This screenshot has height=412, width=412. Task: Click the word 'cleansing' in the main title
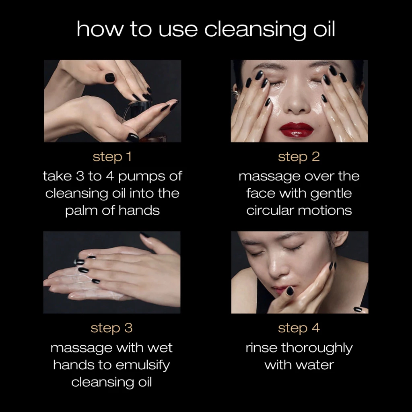click(255, 29)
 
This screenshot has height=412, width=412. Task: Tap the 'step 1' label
click(112, 157)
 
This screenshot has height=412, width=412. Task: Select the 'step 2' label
click(299, 157)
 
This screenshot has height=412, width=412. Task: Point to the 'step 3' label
click(112, 328)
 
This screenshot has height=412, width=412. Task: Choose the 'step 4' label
click(299, 328)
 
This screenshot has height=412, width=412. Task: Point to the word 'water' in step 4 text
click(319, 365)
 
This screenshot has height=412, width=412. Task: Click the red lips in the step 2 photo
click(297, 129)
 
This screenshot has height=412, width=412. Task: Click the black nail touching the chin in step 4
click(290, 290)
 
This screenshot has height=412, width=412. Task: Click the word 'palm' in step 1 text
click(81, 211)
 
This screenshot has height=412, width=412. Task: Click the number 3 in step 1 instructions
click(80, 177)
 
